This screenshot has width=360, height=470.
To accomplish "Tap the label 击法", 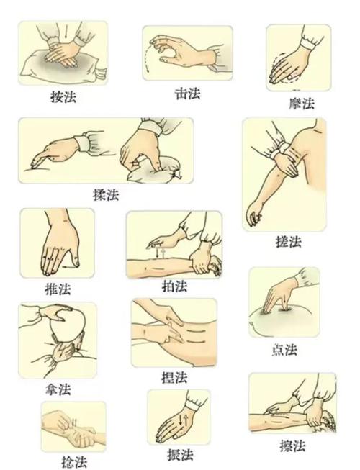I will pyautogui.click(x=188, y=94).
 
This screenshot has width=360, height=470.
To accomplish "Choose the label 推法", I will pyautogui.click(x=58, y=289).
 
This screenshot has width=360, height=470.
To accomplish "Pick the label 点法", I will pyautogui.click(x=286, y=351).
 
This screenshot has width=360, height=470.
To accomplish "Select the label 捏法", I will pyautogui.click(x=174, y=377).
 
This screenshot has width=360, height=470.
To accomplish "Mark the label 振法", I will pyautogui.click(x=179, y=455).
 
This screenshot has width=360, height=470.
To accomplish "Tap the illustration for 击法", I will pyautogui.click(x=187, y=53).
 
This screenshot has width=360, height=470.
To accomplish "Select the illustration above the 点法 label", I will pyautogui.click(x=284, y=302).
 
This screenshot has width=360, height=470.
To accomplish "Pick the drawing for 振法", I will pyautogui.click(x=178, y=417).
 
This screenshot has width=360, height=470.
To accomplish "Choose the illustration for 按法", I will pyautogui.click(x=62, y=54).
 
